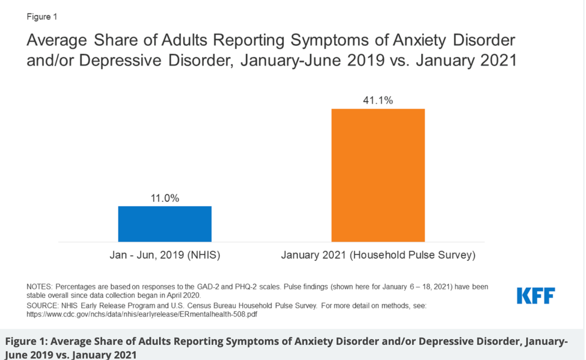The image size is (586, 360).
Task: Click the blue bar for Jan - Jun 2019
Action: (165, 224)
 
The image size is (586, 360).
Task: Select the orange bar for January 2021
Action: (378, 175)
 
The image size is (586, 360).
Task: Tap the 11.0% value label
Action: (165, 198)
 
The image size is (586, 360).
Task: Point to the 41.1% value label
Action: (378, 100)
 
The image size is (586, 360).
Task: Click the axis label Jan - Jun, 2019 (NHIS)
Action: (165, 255)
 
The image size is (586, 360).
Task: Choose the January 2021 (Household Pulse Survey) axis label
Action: (378, 255)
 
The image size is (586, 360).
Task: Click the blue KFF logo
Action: (536, 296)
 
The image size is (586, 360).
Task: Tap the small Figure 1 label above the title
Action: (42, 17)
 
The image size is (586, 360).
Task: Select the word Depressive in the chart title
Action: (120, 61)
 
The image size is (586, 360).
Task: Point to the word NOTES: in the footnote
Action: (39, 287)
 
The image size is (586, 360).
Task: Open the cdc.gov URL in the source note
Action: (142, 314)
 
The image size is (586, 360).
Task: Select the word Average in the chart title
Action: (57, 40)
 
